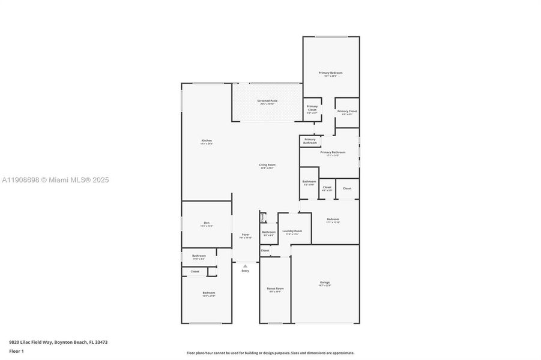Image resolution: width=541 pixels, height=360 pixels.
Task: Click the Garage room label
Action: pyautogui.click(x=324, y=283)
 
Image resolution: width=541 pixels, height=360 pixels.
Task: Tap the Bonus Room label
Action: pyautogui.click(x=275, y=289)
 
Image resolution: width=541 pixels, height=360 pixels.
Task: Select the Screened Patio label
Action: pyautogui.click(x=267, y=101)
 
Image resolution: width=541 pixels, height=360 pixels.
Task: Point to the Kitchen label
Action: pyautogui.click(x=207, y=141)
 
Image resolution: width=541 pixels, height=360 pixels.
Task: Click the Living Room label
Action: pyautogui.click(x=267, y=165)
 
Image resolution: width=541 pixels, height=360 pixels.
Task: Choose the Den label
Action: pyautogui.click(x=207, y=223)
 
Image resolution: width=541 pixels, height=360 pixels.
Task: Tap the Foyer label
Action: pyautogui.click(x=246, y=235)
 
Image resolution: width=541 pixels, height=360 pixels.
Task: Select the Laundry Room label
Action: pyautogui.click(x=292, y=231)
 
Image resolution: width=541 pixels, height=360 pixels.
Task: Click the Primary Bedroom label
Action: pyautogui.click(x=330, y=73)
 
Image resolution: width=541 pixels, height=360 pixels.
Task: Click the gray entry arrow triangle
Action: pyautogui.click(x=245, y=266)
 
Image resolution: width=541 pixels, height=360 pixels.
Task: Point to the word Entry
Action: pyautogui.click(x=245, y=271)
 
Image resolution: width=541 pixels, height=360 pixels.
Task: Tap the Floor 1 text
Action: pyautogui.click(x=16, y=350)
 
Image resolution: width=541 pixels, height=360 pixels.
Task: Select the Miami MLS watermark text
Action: pyautogui.click(x=55, y=179)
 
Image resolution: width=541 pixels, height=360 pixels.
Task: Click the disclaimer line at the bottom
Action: pyautogui.click(x=270, y=353)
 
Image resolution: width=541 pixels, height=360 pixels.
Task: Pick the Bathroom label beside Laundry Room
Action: pyautogui.click(x=268, y=232)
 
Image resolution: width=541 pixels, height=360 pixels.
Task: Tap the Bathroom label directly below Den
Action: pyautogui.click(x=199, y=256)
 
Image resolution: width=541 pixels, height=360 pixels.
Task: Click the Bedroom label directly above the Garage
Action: pyautogui.click(x=333, y=220)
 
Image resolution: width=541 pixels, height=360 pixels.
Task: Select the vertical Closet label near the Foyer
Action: pyautogui.click(x=262, y=217)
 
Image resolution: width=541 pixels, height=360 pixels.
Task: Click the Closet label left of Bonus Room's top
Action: pyautogui.click(x=265, y=250)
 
